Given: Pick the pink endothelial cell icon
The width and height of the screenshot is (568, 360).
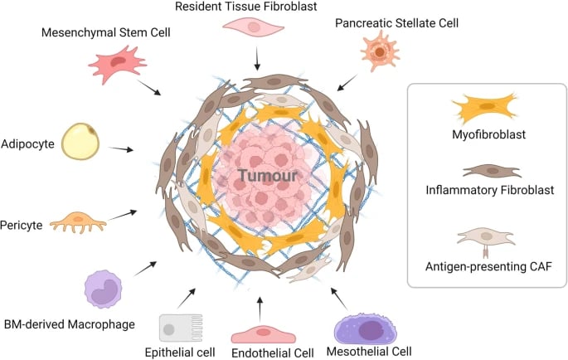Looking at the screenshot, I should point(261,333).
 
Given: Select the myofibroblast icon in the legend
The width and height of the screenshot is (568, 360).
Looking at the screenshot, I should point(484,109).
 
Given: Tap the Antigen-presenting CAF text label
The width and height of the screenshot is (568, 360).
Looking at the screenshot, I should point(489,268).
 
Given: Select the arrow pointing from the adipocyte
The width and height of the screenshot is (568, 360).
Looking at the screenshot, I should point(121,149).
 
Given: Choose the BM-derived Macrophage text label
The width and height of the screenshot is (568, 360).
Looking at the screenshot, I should point(68,323).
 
